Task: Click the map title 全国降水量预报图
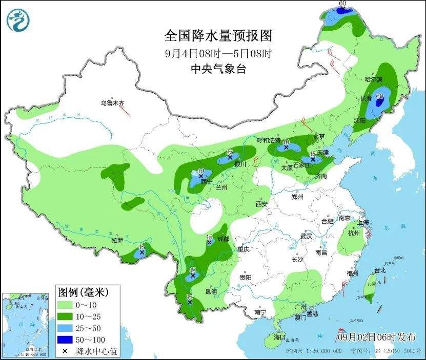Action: click(x=217, y=36)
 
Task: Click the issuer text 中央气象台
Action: click(x=218, y=68)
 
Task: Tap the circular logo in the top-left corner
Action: click(x=18, y=19)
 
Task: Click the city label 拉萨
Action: click(x=117, y=240)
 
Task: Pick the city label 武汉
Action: click(x=307, y=237)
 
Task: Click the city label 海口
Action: click(x=279, y=337)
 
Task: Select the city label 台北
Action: click(x=379, y=270)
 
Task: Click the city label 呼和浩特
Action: click(x=269, y=140)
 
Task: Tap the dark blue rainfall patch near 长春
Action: click(x=380, y=101)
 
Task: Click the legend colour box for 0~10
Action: click(x=65, y=306)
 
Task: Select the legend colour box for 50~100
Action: click(x=65, y=339)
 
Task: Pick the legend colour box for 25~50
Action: click(x=65, y=328)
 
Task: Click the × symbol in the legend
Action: click(x=65, y=351)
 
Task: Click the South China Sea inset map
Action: click(x=25, y=324)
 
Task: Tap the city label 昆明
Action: click(x=211, y=291)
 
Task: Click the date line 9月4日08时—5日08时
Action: click(x=218, y=53)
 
